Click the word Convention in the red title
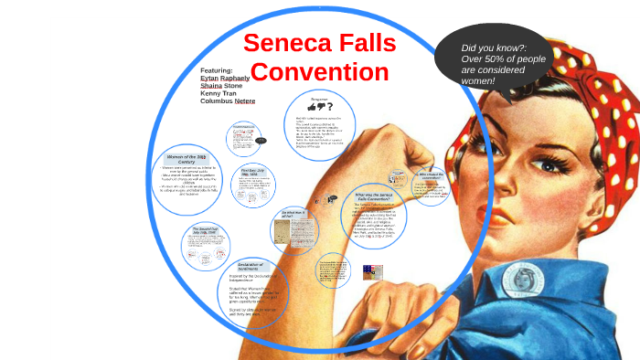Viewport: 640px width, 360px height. [320, 72]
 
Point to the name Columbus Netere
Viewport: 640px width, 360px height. [228, 101]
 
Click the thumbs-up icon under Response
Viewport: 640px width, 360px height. [313, 107]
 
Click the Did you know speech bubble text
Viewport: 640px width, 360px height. [494, 64]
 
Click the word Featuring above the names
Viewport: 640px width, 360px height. [217, 70]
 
